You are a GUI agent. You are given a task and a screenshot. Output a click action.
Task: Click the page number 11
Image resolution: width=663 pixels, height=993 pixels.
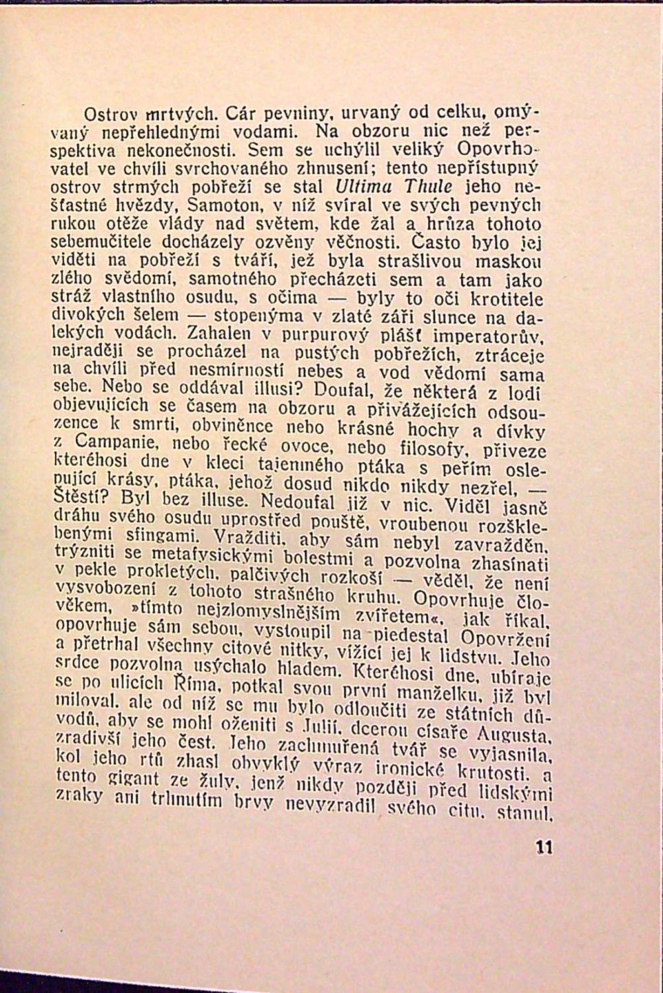click(545, 847)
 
